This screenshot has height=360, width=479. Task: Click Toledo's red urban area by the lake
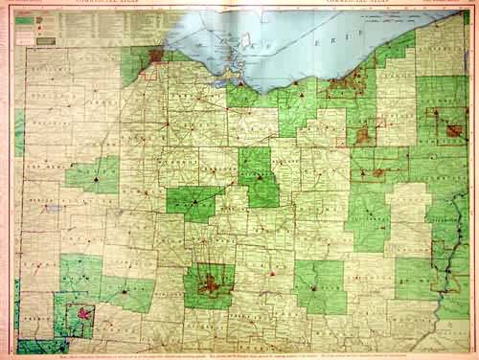point(155,56)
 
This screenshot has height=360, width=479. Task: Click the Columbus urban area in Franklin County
point(210,282)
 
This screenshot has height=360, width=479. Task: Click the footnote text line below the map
point(239,353)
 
